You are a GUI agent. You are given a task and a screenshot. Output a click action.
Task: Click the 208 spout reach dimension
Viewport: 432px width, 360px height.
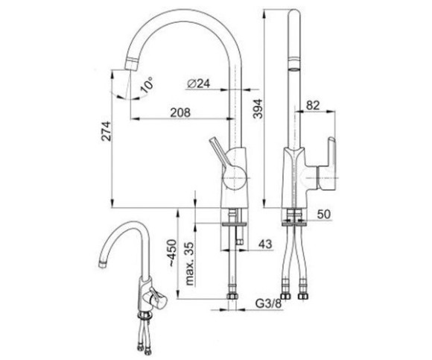[180, 113]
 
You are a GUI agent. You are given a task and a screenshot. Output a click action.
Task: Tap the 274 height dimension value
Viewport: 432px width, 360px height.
[107, 131]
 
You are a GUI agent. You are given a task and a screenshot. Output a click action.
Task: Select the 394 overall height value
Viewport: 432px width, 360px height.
[258, 109]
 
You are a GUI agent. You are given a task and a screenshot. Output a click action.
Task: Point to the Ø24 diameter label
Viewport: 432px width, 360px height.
[198, 83]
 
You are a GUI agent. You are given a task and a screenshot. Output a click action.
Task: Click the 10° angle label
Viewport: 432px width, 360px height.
[146, 84]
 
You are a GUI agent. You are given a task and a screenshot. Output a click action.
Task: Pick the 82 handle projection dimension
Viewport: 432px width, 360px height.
[313, 105]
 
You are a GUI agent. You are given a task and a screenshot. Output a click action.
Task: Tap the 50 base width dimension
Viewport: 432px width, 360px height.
[323, 214]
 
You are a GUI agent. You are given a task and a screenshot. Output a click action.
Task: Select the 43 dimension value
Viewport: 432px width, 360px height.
[265, 244]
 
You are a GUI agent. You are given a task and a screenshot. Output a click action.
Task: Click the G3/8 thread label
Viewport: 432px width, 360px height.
[268, 303]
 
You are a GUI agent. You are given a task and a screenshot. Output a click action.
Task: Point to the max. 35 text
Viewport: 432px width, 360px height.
[189, 264]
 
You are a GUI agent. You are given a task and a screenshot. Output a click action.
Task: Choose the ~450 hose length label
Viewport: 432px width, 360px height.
[173, 253]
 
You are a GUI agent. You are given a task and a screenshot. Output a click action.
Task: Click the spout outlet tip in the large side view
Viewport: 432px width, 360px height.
[131, 66]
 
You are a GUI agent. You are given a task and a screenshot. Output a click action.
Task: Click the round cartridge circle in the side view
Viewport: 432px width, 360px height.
[234, 178]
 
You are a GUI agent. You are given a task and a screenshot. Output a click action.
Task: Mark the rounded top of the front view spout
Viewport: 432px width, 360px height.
[294, 14]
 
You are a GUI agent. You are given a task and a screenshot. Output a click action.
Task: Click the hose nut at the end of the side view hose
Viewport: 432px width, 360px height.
[232, 297]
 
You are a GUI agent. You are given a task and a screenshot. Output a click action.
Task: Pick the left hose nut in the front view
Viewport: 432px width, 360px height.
[286, 296]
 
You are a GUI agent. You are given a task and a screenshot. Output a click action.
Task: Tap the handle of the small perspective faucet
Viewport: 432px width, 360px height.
[156, 299]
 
